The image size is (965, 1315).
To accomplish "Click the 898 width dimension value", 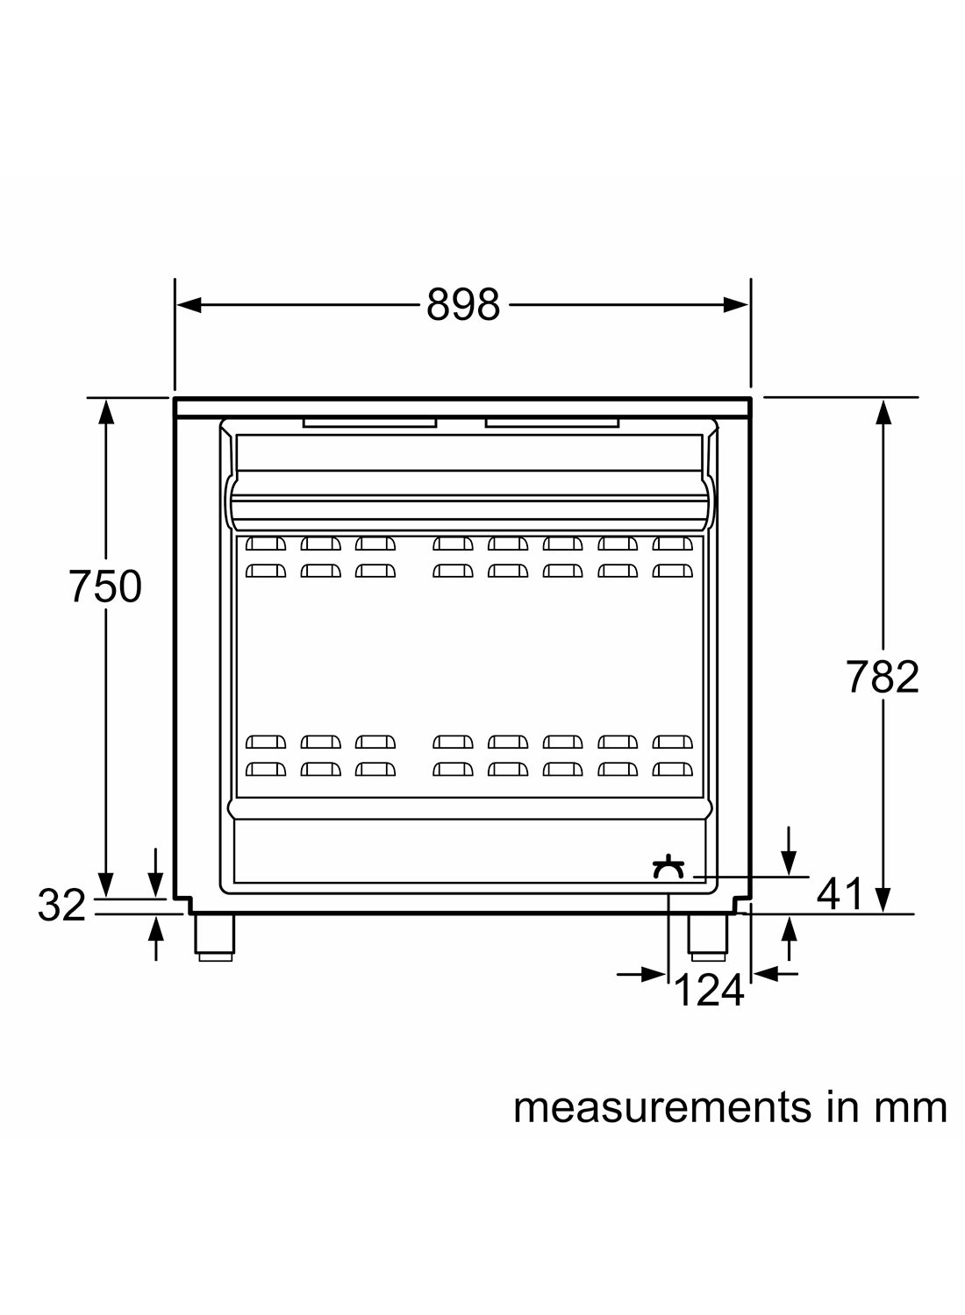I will coord(462,305).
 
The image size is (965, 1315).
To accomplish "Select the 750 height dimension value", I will coord(105,586).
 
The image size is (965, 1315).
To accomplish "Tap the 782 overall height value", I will coord(883,677).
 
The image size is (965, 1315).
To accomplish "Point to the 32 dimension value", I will coord(61,906).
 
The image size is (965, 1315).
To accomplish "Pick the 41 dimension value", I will coord(840,894).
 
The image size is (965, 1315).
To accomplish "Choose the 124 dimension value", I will coord(709,992).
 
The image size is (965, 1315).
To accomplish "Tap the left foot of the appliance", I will coord(214,937).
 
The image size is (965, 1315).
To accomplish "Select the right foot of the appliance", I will coord(708,937).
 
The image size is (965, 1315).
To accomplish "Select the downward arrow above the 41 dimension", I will coord(790,863).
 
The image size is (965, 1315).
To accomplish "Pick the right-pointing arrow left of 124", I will coord(653,974).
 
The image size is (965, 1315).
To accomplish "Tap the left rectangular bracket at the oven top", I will coord(369,423).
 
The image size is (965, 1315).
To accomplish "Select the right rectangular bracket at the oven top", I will coord(552,423).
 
